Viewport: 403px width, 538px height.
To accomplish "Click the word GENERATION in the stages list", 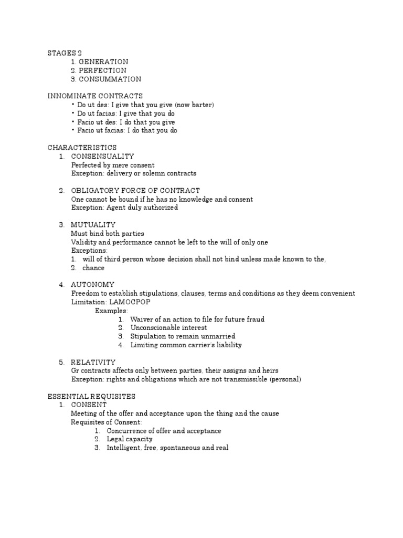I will (103, 61).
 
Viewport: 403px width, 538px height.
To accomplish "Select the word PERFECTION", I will (102, 70).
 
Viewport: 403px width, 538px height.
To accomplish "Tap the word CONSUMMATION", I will (110, 79).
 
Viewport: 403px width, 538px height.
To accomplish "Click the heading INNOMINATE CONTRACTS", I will (95, 96).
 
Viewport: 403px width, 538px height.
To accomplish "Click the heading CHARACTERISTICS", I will (82, 148).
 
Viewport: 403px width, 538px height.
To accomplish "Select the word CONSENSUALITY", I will (102, 156).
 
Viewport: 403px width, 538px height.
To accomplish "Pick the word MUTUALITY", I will (93, 225).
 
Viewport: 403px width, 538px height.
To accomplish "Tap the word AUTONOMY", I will (92, 285).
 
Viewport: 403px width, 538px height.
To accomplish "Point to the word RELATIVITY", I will (93, 362).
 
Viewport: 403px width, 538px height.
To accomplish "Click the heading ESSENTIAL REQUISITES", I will (91, 396).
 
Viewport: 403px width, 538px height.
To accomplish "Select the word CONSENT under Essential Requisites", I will (89, 405).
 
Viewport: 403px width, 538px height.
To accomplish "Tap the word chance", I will (93, 268).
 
